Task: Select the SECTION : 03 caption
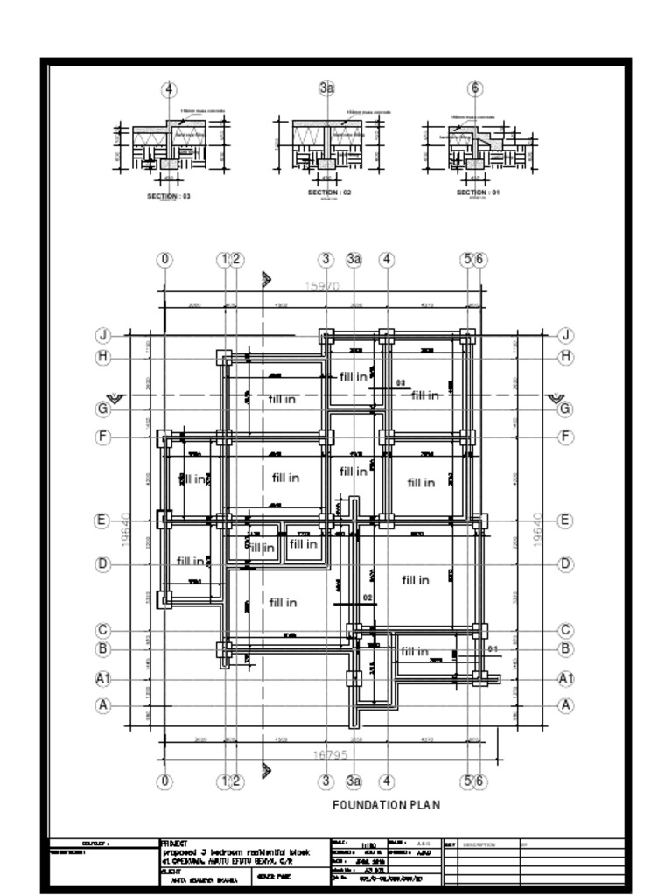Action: coord(169,197)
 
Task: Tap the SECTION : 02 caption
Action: coord(329,192)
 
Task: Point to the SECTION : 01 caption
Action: coord(478,192)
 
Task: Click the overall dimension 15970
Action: coord(321,286)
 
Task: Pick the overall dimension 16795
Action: coord(331,754)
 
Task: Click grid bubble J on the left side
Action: coord(103,335)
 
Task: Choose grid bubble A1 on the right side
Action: coord(566,679)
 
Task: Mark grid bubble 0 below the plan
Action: coord(164,781)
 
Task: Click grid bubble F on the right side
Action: coord(566,437)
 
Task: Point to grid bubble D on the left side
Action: coord(103,564)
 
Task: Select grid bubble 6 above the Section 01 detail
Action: coord(475,88)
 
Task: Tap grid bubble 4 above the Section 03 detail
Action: coord(169,89)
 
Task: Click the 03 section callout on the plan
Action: coord(401,383)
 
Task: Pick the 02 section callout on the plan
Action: coord(367,598)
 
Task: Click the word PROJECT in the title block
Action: coord(168,843)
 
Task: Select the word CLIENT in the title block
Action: coord(171,871)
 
